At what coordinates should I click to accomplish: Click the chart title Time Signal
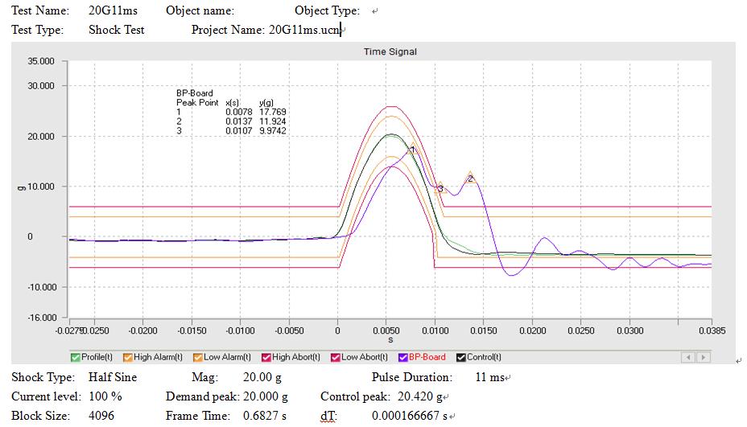point(390,51)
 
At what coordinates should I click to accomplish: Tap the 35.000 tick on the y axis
point(41,61)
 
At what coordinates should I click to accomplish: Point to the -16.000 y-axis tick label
point(40,318)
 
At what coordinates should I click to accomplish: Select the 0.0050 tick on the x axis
point(386,331)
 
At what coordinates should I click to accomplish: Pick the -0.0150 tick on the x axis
point(192,331)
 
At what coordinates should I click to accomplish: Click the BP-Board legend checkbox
point(403,357)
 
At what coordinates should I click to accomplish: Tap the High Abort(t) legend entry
point(295,357)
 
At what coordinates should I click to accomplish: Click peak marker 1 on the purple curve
point(412,150)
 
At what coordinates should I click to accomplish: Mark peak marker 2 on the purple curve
point(470,179)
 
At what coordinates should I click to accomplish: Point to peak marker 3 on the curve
point(440,189)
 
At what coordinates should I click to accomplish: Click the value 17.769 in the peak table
point(273,112)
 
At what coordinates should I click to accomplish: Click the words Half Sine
point(113,377)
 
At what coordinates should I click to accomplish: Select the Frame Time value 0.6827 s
point(270,416)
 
